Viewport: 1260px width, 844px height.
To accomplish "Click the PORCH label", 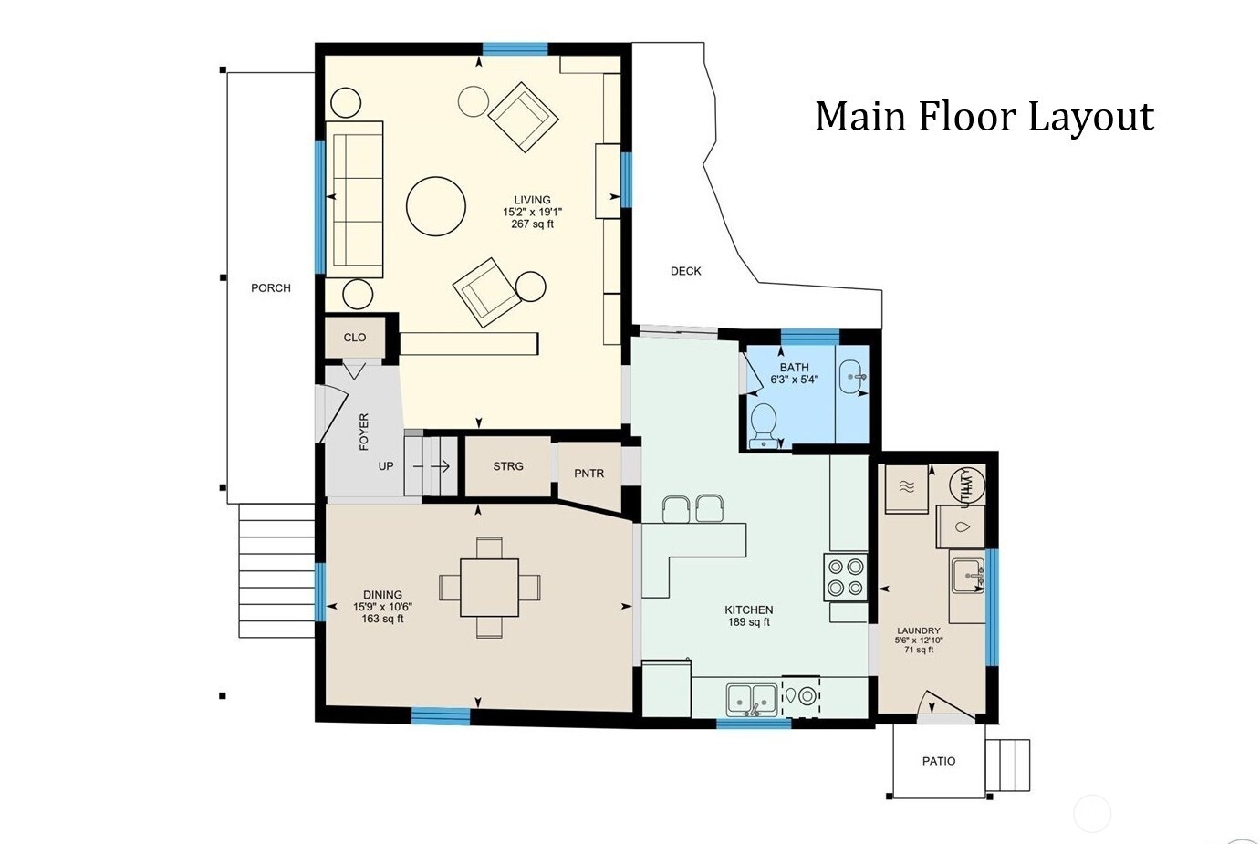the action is coord(271,288).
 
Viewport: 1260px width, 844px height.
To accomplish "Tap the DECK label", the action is coord(686,271).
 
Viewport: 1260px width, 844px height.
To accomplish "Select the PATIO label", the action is coord(939,761).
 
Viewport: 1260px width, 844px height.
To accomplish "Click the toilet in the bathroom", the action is coord(764,425).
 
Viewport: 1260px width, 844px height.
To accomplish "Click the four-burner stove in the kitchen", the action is coord(846,577).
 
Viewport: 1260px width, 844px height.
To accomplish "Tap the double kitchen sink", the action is coord(752,700).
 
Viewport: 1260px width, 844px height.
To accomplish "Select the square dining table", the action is coord(489,588).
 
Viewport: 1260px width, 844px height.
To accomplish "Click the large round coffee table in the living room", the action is coord(436,206).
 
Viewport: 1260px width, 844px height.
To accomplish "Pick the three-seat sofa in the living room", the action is coord(354,199).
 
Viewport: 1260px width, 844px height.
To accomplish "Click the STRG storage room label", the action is coord(508,466).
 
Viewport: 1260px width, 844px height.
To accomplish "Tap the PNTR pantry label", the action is coord(588,474).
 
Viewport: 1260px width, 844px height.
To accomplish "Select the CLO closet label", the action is coord(354,338).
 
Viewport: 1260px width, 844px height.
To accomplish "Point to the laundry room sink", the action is coord(968,576).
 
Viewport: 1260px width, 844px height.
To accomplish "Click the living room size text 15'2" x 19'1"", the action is coord(532,212).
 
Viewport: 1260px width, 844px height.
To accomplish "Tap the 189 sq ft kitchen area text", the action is coord(749,621).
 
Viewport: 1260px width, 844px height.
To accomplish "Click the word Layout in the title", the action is coord(1091,117).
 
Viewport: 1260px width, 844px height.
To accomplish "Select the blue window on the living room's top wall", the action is coord(515,49).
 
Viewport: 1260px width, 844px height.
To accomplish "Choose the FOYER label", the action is coord(364,432).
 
